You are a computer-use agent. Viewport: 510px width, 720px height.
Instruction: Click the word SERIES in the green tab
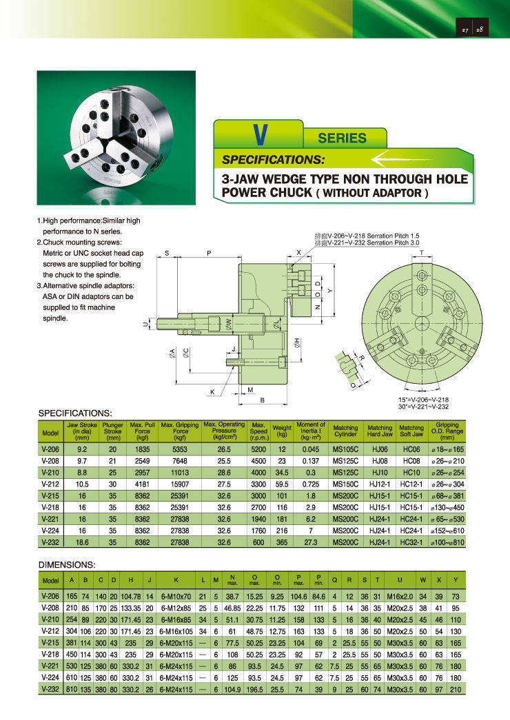pyautogui.click(x=343, y=138)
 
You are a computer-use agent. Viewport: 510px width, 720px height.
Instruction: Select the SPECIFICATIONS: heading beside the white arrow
pyautogui.click(x=273, y=160)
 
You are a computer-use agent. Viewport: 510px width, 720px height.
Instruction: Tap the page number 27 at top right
pyautogui.click(x=465, y=30)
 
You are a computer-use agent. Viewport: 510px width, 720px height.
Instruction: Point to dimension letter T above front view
pyautogui.click(x=421, y=254)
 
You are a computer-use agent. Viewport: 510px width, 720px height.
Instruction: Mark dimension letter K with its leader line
pyautogui.click(x=213, y=392)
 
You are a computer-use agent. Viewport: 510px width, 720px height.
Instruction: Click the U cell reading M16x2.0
pyautogui.click(x=399, y=595)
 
